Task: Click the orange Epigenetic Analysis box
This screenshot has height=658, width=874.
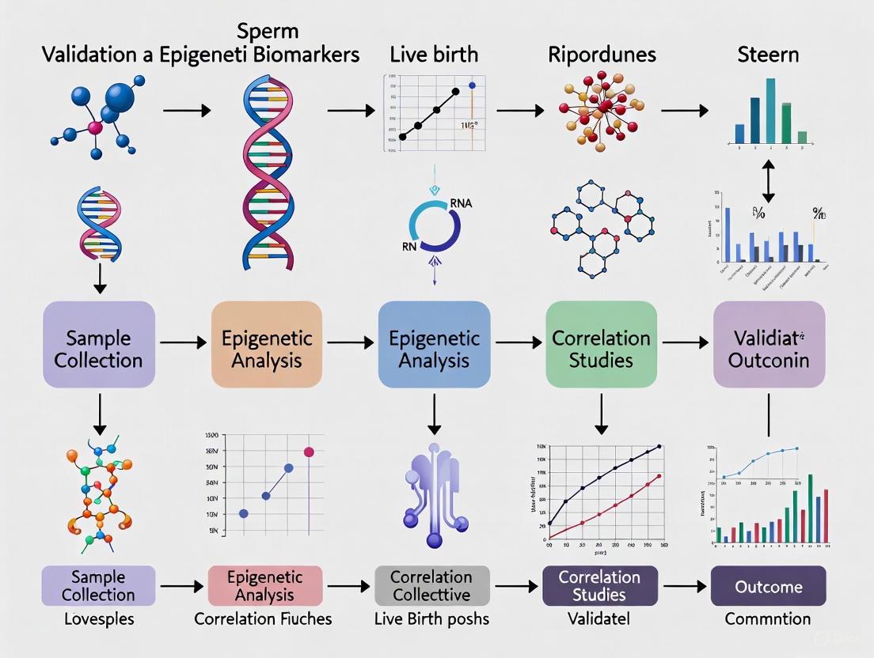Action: pos(267,349)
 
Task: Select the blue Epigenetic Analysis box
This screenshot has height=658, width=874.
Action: pos(434,349)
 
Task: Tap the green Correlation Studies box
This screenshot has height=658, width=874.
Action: pos(602,349)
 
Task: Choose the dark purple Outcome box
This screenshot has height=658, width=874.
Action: pos(768,587)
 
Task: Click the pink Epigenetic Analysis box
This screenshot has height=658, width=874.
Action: pos(264,586)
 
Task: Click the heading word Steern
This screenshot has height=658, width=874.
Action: pos(767,55)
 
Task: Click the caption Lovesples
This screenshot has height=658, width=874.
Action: pos(98,619)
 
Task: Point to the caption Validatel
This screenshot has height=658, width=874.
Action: pos(599,619)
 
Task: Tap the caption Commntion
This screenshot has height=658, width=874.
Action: pos(768,619)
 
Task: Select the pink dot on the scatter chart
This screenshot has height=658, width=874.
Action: pos(309,452)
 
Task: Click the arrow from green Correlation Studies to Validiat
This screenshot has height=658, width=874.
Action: pos(685,342)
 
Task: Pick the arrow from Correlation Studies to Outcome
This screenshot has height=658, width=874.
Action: pos(684,587)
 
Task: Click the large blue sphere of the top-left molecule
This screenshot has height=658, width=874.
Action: pos(118,97)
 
